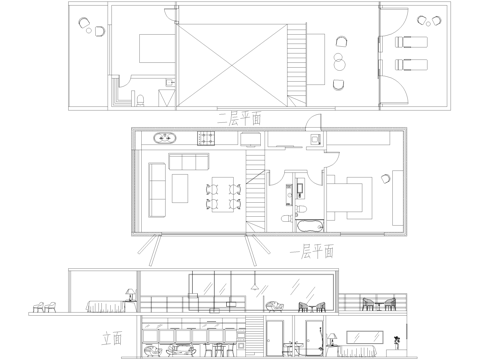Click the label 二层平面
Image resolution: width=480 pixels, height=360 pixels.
[x=239, y=117]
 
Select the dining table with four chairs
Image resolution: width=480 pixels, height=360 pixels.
[x=222, y=194]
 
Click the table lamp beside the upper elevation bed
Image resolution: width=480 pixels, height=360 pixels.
[x=128, y=293]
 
